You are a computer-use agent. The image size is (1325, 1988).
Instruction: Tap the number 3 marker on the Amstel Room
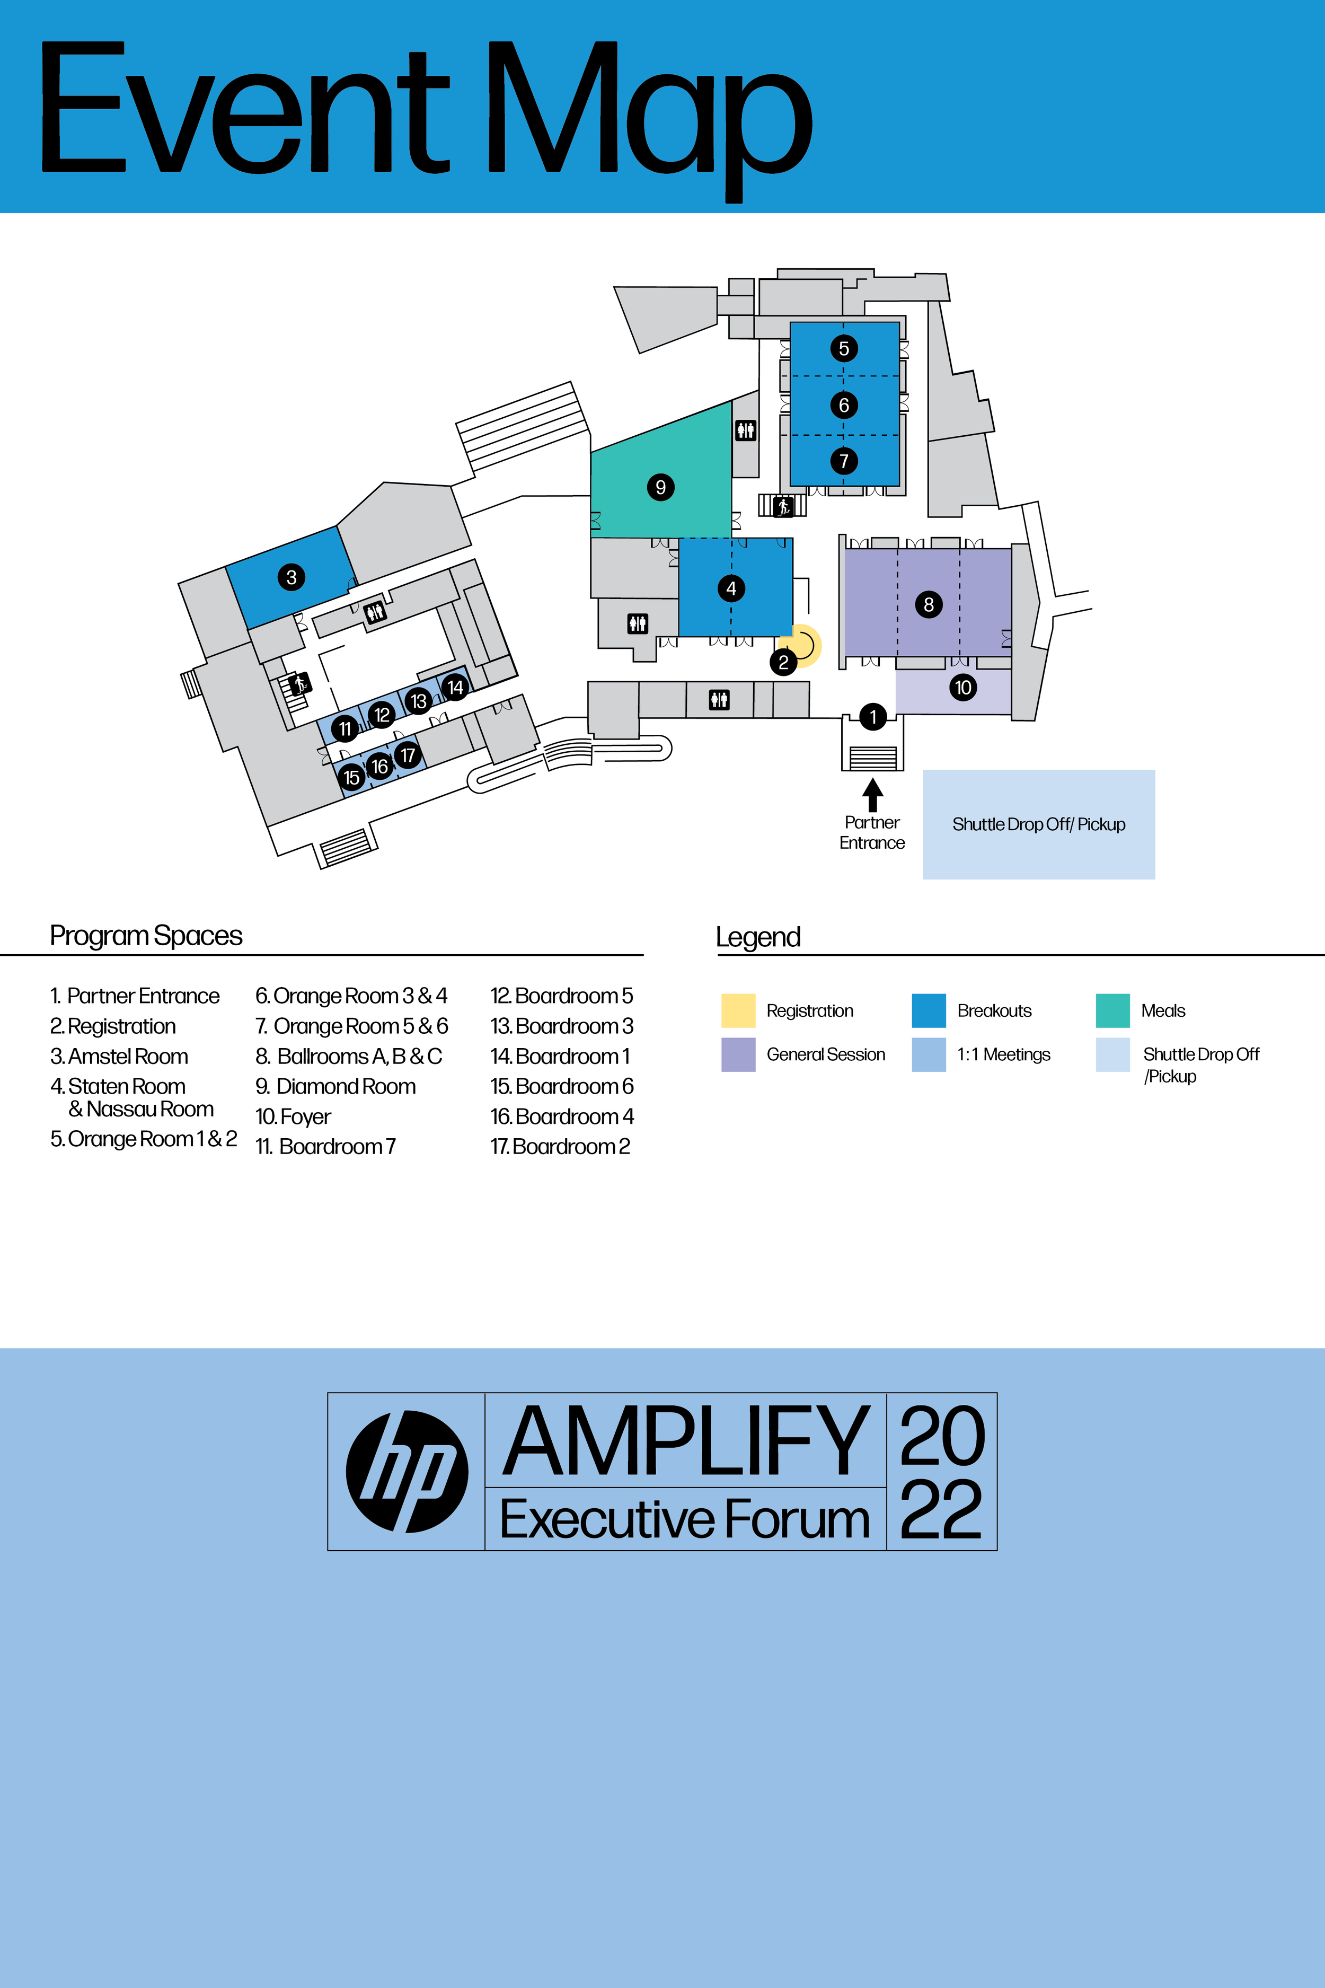pos(291,577)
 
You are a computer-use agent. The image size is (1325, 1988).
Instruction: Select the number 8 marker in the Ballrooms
pos(929,604)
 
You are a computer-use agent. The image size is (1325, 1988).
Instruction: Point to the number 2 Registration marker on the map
pos(783,662)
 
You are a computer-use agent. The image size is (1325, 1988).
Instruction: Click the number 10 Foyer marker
pos(962,687)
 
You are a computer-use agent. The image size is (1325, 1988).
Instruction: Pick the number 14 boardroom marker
pos(455,687)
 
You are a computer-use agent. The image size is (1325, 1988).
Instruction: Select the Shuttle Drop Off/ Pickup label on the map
pos(1039,824)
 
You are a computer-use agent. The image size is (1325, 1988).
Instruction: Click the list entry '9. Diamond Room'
pos(335,1086)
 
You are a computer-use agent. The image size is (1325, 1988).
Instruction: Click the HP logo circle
pos(407,1472)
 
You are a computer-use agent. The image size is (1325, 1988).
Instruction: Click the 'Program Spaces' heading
pos(146,936)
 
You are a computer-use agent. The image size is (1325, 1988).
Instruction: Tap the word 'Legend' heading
pos(758,937)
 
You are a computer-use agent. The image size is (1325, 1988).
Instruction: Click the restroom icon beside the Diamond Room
pos(745,430)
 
